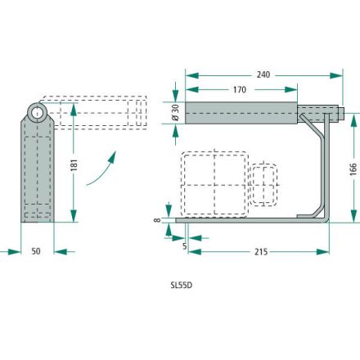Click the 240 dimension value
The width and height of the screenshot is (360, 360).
click(x=263, y=74)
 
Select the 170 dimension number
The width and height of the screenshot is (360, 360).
click(x=240, y=89)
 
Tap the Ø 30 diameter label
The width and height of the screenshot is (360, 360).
click(x=176, y=113)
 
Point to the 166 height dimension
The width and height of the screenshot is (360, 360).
click(x=353, y=169)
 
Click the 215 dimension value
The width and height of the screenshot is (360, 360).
click(x=261, y=252)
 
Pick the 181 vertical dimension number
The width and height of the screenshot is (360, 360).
click(x=74, y=165)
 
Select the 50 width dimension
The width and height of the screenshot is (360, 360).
click(x=36, y=251)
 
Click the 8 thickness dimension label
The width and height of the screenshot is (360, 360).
click(x=157, y=219)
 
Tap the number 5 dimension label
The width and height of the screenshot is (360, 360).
click(x=185, y=246)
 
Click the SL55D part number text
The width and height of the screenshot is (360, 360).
click(x=182, y=286)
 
